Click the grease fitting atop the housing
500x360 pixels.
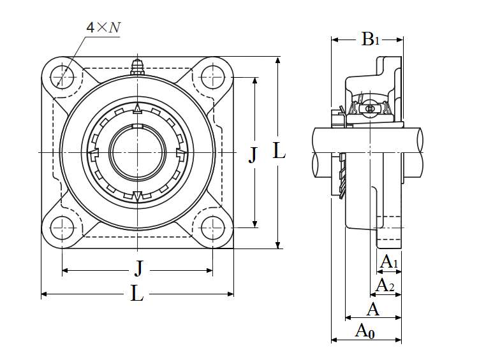tap(136, 66)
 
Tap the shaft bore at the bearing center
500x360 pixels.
tap(137, 152)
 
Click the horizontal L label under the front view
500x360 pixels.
tap(137, 294)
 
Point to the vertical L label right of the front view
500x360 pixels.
tap(279, 152)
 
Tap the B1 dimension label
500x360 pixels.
tap(370, 40)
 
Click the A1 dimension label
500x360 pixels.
tap(389, 261)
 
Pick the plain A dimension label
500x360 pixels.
tap(373, 310)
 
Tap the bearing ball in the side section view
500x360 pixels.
tap(370, 110)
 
